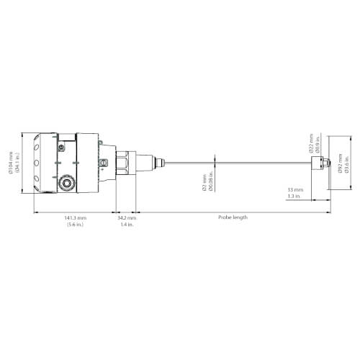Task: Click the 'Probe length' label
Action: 233,217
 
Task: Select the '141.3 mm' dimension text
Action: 75,217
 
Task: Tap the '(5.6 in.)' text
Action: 75,225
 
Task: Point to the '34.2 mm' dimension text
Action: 127,217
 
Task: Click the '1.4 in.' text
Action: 127,225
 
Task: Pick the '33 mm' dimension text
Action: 294,189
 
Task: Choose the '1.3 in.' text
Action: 294,196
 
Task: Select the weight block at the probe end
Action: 316,165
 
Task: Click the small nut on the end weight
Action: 324,165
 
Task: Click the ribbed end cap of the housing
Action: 43,164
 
